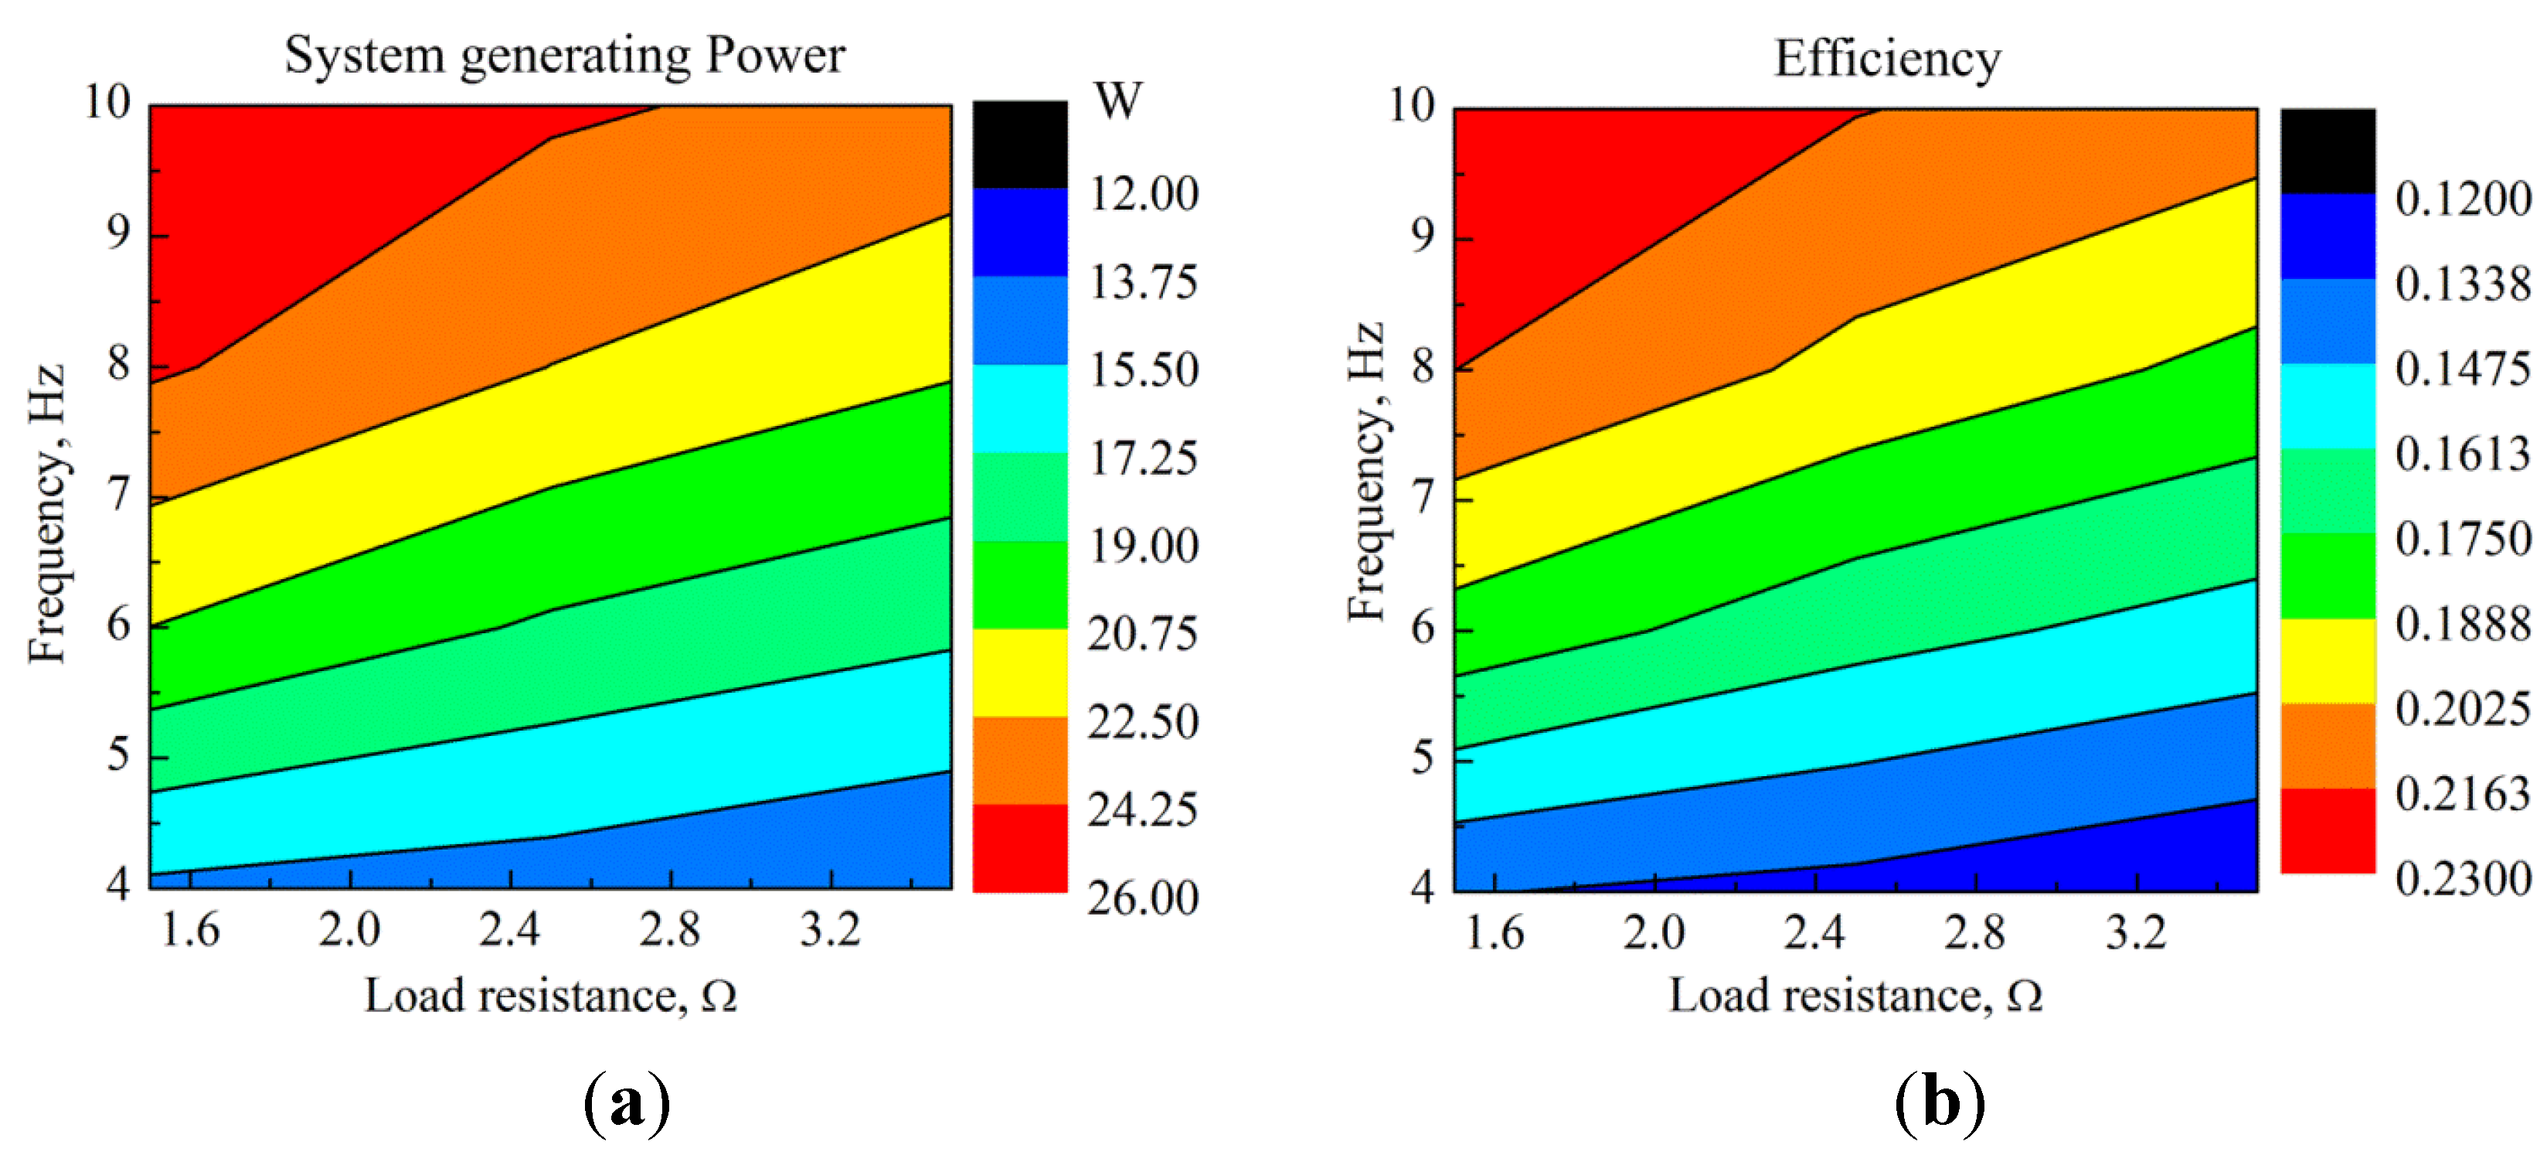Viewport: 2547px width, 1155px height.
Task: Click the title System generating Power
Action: (565, 56)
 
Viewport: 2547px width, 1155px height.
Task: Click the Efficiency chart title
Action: (1886, 60)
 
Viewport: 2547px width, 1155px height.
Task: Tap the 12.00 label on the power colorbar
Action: (1144, 195)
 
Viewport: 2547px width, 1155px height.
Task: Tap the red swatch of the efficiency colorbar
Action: (2328, 830)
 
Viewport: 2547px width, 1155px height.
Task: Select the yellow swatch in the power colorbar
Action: (1019, 673)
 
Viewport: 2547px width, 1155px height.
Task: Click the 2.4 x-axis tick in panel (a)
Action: (510, 929)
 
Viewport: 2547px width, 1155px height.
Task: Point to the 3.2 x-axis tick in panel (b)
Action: (2136, 932)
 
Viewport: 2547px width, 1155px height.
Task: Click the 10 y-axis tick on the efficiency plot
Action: (1411, 106)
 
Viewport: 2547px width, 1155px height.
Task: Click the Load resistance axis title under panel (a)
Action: (551, 996)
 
